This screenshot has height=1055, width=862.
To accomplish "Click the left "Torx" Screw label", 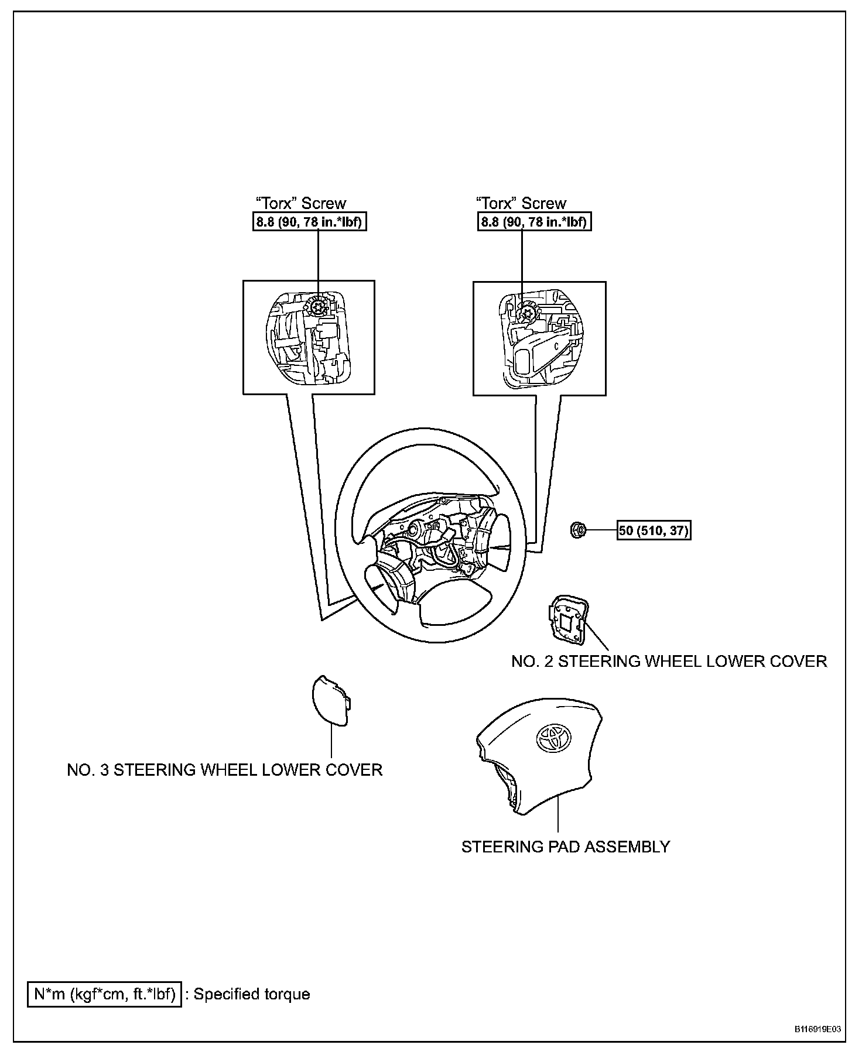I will click(301, 203).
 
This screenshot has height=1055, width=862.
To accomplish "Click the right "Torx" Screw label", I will click(521, 203).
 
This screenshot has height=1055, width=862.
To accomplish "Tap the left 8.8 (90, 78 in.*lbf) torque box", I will click(309, 222).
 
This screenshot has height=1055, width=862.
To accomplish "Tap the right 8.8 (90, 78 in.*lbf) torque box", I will click(533, 222).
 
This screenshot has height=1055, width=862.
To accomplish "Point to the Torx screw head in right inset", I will click(526, 312).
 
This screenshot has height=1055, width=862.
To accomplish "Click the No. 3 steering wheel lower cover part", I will click(330, 700).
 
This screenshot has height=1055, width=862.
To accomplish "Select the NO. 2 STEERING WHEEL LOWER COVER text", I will click(669, 661).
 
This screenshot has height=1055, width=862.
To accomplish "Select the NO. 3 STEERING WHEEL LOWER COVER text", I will click(224, 769).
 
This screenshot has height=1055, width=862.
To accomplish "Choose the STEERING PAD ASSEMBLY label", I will click(565, 847).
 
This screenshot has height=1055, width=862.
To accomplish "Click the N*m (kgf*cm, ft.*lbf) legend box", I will click(105, 994).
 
